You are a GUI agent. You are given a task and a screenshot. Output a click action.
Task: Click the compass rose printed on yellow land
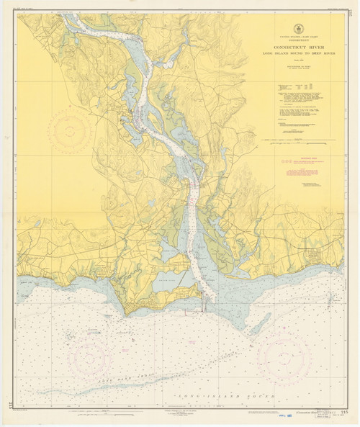tap(70, 130)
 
